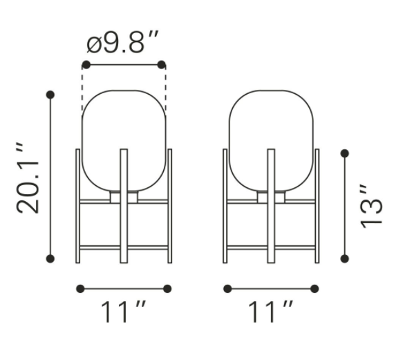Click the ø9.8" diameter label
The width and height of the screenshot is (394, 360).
coord(122,42)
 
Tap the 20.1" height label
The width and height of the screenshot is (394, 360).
coord(28,179)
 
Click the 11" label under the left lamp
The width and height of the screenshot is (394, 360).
coord(123,312)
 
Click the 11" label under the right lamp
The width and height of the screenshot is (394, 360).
coord(271,312)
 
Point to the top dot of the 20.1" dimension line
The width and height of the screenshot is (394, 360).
coord(50,95)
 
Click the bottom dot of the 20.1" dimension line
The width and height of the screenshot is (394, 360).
coord(50,258)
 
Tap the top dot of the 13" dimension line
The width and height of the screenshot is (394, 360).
coord(345,153)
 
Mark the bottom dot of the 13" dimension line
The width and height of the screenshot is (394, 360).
coord(345,258)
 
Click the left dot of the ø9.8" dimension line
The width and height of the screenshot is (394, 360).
coord(86,64)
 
